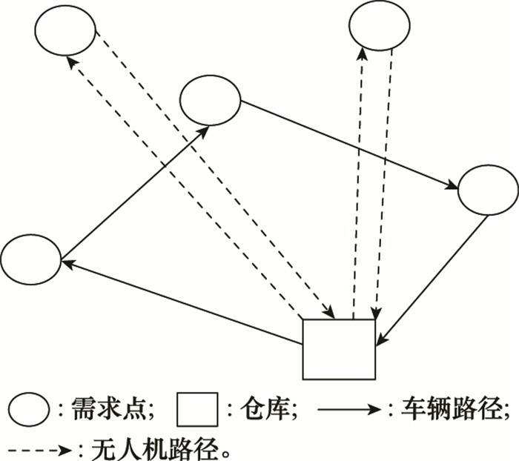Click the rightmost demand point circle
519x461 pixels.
[x=488, y=190]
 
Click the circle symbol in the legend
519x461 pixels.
[x=28, y=408]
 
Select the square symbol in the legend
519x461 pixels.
[x=196, y=408]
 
